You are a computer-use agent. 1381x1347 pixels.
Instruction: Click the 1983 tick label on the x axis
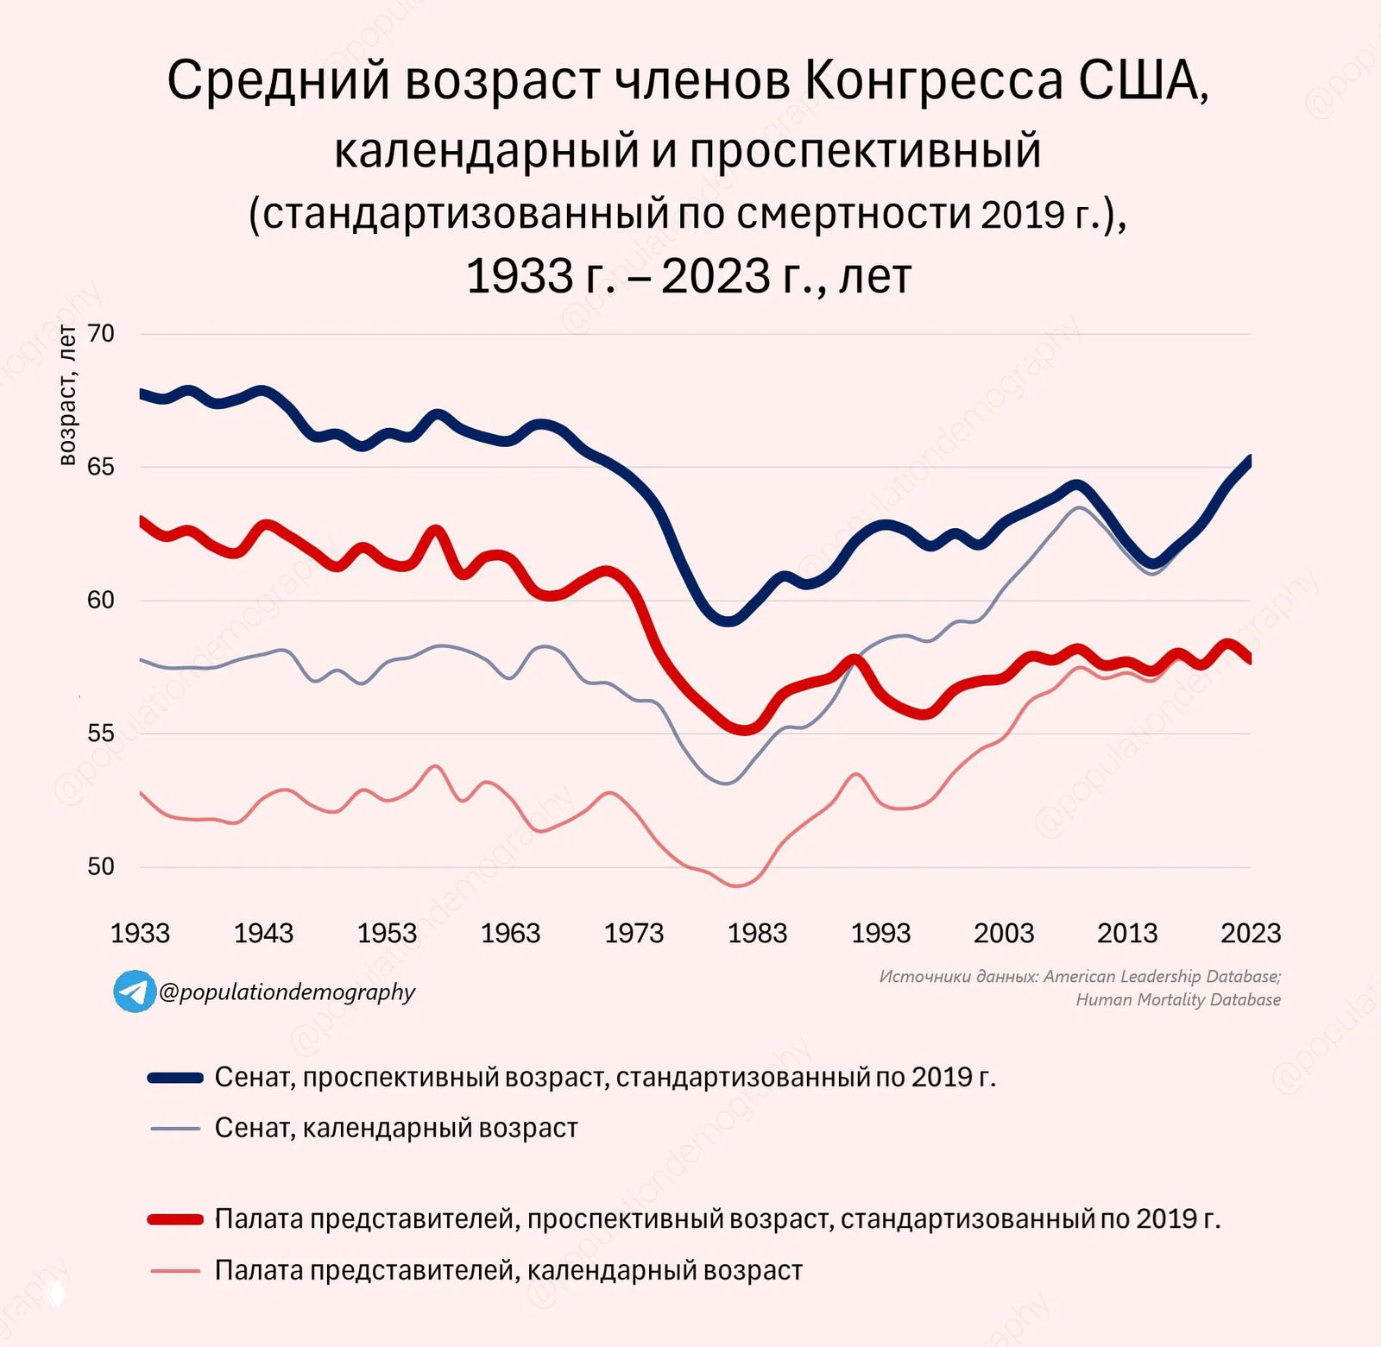click(757, 933)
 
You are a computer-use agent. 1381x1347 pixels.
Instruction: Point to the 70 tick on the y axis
click(101, 333)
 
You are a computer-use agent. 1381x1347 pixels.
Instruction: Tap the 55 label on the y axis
click(101, 733)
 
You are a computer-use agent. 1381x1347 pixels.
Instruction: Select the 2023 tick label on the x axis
click(1250, 933)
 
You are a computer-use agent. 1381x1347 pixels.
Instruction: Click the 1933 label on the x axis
click(140, 933)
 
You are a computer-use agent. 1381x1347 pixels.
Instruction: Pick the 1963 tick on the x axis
click(510, 933)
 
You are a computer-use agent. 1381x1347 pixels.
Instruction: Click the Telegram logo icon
click(135, 991)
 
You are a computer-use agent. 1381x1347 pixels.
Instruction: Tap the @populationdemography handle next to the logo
click(287, 992)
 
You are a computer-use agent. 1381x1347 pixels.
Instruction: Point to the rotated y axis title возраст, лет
click(67, 395)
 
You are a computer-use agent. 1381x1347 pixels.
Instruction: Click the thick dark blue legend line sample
click(175, 1077)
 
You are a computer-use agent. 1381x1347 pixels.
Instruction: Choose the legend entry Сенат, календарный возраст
click(395, 1128)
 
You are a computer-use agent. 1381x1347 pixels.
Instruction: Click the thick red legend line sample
click(175, 1219)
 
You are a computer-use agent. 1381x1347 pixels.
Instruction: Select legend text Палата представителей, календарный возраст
click(508, 1270)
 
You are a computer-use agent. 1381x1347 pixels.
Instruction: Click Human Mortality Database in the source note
click(1177, 1000)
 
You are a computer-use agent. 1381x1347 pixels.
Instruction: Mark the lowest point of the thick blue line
click(728, 620)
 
